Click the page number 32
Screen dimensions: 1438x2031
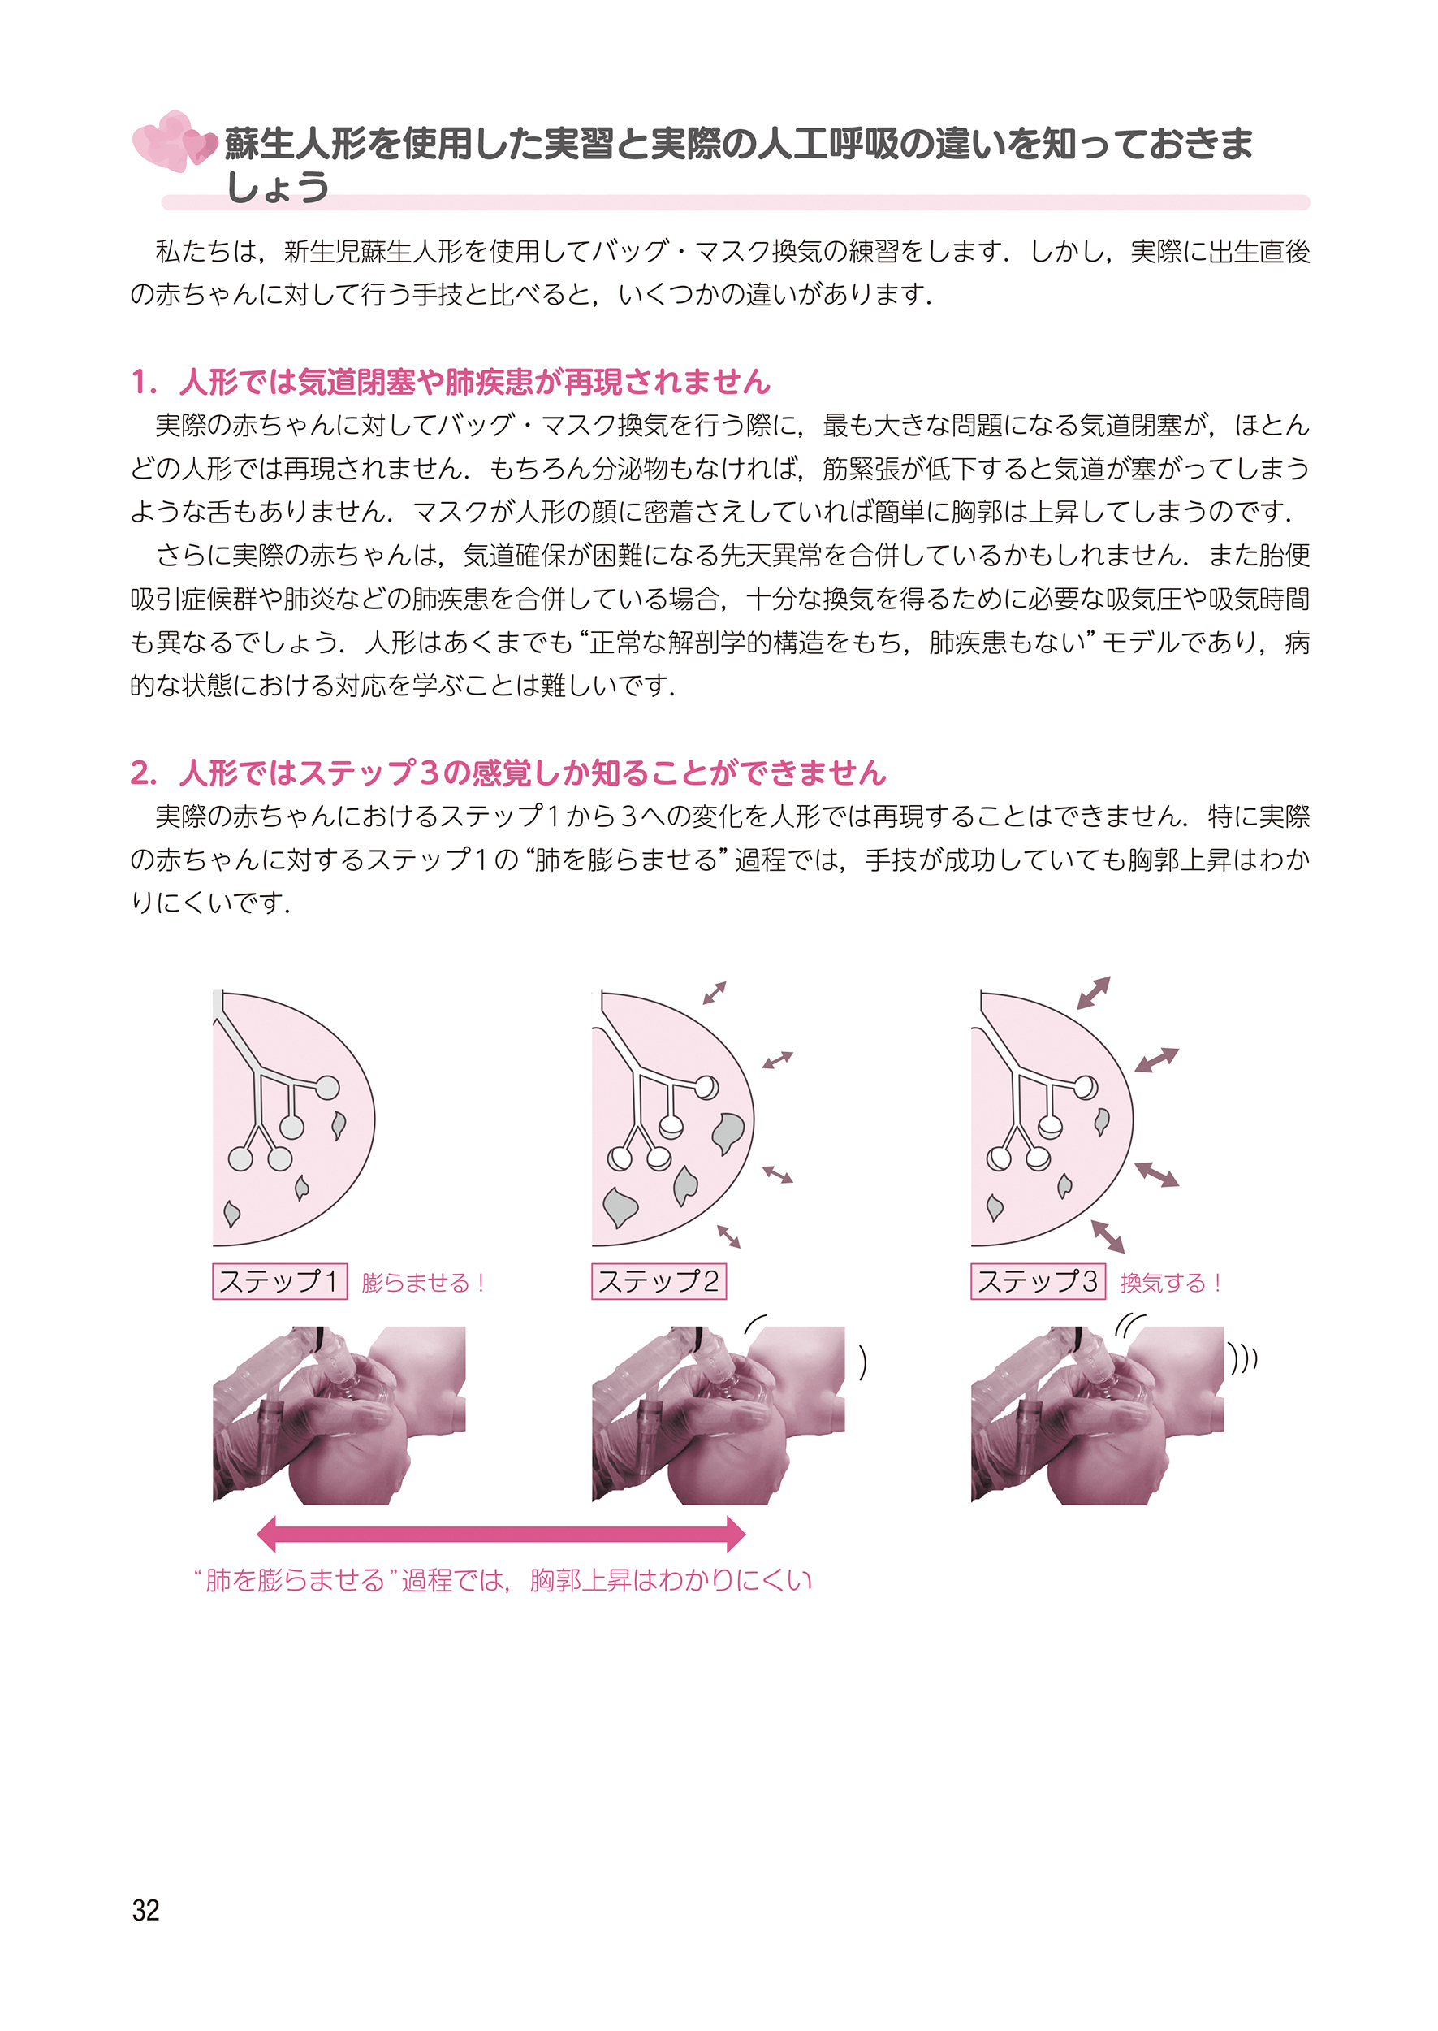click(145, 1910)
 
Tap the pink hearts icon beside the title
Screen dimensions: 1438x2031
click(175, 141)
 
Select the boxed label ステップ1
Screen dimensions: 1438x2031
click(279, 1281)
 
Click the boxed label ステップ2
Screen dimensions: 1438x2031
click(659, 1281)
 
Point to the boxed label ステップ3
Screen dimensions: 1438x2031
click(1038, 1281)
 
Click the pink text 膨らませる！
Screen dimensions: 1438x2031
click(423, 1283)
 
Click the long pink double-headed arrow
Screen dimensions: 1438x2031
click(500, 1533)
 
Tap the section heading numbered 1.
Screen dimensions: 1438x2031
click(451, 382)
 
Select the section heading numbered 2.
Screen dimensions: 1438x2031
click(508, 773)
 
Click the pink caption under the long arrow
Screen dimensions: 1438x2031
click(502, 1580)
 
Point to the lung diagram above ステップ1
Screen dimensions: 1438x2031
click(294, 1118)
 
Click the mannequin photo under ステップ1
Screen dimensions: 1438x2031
click(339, 1414)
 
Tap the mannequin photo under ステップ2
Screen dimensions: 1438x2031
click(718, 1414)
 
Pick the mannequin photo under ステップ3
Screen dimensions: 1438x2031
click(1097, 1414)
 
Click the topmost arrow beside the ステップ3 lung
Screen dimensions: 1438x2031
click(1094, 993)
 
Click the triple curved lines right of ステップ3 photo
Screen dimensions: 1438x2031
click(1242, 1358)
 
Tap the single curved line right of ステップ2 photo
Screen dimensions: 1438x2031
click(862, 1362)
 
